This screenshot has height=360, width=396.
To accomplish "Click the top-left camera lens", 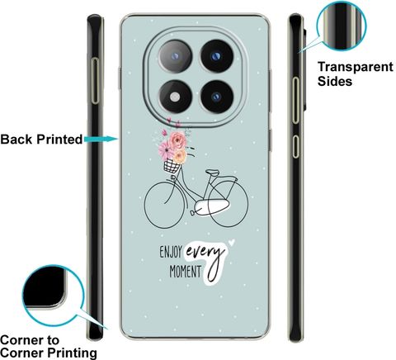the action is (175, 56).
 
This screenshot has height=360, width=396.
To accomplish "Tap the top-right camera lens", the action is (217, 56).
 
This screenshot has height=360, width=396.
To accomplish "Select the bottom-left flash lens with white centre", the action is (175, 97).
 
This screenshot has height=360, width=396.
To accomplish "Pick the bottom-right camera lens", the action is (217, 97).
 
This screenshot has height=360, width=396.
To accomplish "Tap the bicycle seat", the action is (213, 173).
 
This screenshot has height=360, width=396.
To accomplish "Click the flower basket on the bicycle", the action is (172, 166).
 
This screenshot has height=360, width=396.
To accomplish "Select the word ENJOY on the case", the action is (171, 252).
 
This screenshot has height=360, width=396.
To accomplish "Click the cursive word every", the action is (205, 251).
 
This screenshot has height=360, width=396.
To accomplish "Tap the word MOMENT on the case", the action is (185, 271).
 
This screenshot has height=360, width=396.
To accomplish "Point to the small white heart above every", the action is (232, 242).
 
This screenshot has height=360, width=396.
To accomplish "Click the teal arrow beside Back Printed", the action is (101, 140).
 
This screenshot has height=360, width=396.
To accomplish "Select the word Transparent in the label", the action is (356, 67).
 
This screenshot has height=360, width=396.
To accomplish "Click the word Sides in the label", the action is (335, 81).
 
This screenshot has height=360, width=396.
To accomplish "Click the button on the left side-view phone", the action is (95, 81).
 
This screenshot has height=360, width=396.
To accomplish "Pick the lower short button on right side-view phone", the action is (295, 146).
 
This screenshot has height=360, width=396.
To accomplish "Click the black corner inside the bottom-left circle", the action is (44, 287).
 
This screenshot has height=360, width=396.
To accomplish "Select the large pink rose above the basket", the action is (177, 140).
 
